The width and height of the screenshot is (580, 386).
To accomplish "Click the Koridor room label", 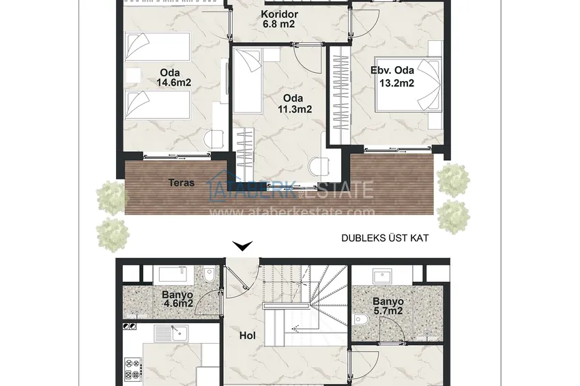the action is [x=279, y=14].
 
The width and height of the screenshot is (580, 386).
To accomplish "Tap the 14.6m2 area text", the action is [x=173, y=83].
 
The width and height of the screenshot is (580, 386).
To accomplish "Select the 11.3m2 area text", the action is [x=295, y=109].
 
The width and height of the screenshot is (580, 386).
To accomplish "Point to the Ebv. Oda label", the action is [x=392, y=70].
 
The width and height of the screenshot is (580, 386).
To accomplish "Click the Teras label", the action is [x=182, y=182].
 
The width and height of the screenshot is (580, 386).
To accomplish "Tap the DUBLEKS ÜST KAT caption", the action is [x=385, y=238].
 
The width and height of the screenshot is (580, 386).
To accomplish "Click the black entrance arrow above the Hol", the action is [x=242, y=246].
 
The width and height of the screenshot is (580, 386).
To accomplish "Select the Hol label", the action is [x=248, y=336].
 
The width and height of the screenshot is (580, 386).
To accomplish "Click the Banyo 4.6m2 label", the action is [x=177, y=299].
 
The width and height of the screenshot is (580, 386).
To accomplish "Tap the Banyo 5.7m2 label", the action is [x=388, y=306].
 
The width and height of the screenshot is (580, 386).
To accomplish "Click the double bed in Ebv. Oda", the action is [x=408, y=85].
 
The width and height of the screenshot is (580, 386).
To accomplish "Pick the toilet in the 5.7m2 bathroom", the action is [x=360, y=319].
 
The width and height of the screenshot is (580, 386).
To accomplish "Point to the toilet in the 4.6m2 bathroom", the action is [x=209, y=275].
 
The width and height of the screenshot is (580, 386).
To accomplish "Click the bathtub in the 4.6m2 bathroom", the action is [x=173, y=274].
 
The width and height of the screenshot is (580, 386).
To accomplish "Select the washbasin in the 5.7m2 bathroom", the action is [x=382, y=277].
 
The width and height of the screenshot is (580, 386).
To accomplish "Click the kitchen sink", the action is [x=171, y=333].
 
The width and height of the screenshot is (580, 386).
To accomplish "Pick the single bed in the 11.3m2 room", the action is [x=248, y=80].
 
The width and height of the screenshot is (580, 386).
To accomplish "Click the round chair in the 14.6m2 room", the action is [x=214, y=139].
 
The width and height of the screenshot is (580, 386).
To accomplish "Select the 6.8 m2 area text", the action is [x=278, y=25].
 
